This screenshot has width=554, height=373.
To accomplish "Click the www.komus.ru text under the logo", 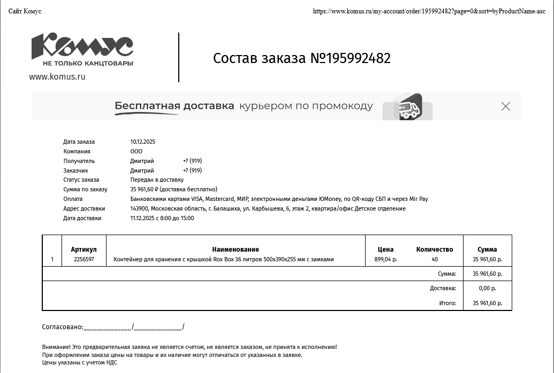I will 57,76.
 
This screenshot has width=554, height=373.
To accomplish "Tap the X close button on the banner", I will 506,106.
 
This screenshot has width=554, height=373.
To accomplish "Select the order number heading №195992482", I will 302,58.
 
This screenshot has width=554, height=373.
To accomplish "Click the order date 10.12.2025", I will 142,142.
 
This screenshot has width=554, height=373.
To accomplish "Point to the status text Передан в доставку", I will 157,180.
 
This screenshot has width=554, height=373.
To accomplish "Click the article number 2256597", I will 84,259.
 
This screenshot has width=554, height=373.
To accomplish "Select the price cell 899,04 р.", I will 385,259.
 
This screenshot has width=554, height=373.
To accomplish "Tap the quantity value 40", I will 434,259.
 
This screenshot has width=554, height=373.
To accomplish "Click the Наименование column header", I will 236,249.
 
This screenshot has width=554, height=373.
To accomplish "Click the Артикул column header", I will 84,249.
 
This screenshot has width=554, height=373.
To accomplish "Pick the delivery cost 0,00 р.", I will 487,288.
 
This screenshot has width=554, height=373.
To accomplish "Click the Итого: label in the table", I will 447,303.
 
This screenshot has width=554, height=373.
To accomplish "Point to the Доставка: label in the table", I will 443,288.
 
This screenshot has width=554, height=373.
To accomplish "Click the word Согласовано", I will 62,327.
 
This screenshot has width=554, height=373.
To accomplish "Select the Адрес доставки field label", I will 84,208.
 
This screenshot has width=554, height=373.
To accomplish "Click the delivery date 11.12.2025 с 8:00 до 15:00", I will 162,218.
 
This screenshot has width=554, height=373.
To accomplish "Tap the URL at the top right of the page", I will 429,11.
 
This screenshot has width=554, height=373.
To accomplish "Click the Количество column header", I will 434,249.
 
